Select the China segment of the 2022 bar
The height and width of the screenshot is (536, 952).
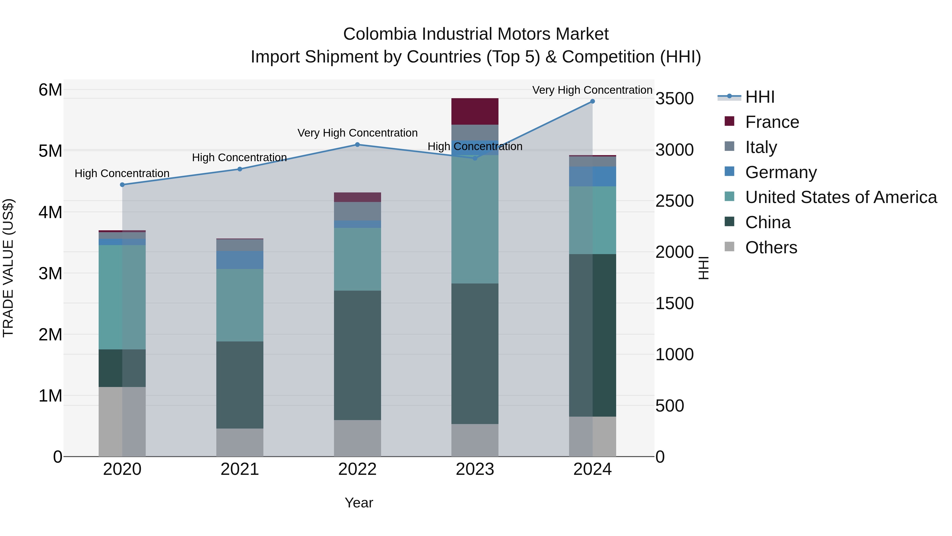pos(357,355)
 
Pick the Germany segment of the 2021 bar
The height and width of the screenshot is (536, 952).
pos(240,260)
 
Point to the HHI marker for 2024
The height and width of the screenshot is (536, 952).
pos(592,101)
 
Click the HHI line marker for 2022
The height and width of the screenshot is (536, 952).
pos(357,145)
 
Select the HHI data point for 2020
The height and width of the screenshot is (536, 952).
pos(122,184)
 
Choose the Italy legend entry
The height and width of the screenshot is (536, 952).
pos(761,147)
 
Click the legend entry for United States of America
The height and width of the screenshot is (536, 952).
pos(841,197)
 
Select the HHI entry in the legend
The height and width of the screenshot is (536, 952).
pos(759,97)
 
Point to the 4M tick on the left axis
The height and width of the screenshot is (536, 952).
pos(50,212)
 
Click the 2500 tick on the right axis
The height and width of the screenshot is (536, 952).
pos(674,201)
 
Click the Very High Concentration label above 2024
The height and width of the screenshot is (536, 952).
pos(592,90)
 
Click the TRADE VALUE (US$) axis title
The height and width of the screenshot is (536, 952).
pos(8,268)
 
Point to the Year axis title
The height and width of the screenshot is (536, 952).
pos(359,503)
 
